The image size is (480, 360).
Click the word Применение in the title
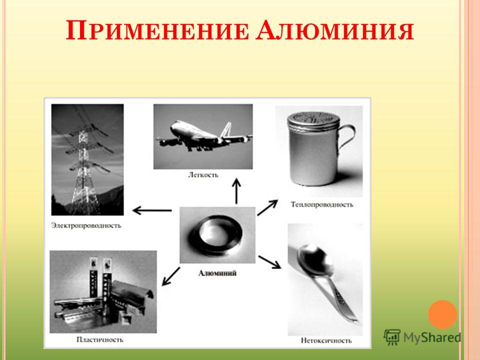[157, 30]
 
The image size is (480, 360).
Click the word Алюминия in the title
[335, 30]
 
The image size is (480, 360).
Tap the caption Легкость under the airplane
[203, 175]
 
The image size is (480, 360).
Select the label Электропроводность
[86, 226]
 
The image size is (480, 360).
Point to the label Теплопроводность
[321, 204]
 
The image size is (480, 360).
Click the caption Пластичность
[100, 339]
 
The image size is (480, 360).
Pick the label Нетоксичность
[326, 340]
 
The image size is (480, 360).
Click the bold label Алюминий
[217, 273]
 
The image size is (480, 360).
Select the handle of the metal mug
[346, 139]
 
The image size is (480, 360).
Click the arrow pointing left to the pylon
[152, 210]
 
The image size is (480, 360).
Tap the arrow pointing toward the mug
[267, 207]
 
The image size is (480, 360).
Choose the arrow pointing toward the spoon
[269, 262]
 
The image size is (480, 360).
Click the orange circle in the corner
[442, 314]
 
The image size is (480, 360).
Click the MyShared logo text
[432, 337]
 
